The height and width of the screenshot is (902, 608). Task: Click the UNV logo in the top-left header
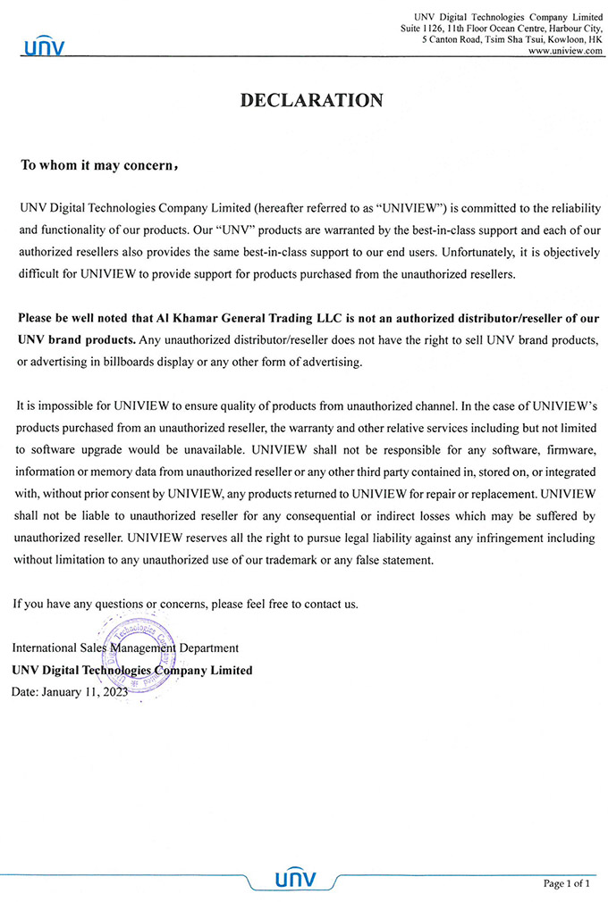pyautogui.click(x=44, y=46)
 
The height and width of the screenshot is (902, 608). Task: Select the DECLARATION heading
pyautogui.click(x=311, y=101)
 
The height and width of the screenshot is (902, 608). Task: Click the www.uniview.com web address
pyautogui.click(x=565, y=52)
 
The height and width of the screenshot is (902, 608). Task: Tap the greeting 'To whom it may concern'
pyautogui.click(x=98, y=165)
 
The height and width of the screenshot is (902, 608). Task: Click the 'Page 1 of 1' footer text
pyautogui.click(x=567, y=882)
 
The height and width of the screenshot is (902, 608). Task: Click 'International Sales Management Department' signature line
pyautogui.click(x=125, y=647)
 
